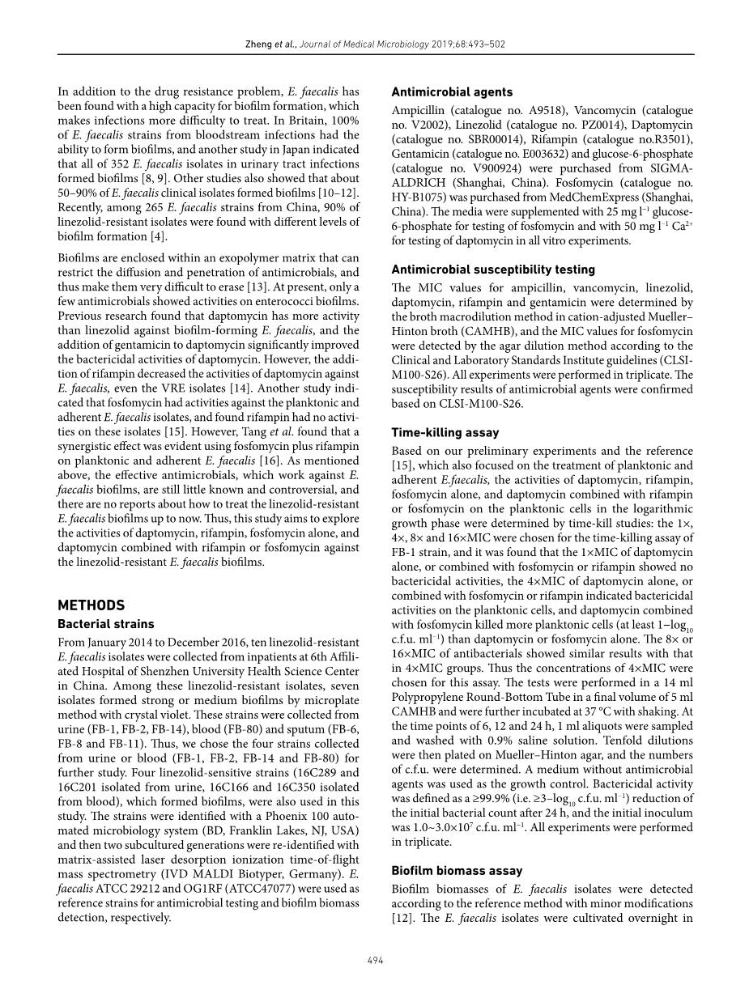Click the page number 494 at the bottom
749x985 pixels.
click(375, 960)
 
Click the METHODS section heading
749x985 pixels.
click(91, 583)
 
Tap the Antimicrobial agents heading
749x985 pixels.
click(452, 92)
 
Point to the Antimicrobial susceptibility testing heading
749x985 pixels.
click(493, 270)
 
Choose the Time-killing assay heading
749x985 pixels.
click(445, 433)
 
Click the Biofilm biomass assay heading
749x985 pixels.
click(457, 871)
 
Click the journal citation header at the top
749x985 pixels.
click(375, 45)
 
